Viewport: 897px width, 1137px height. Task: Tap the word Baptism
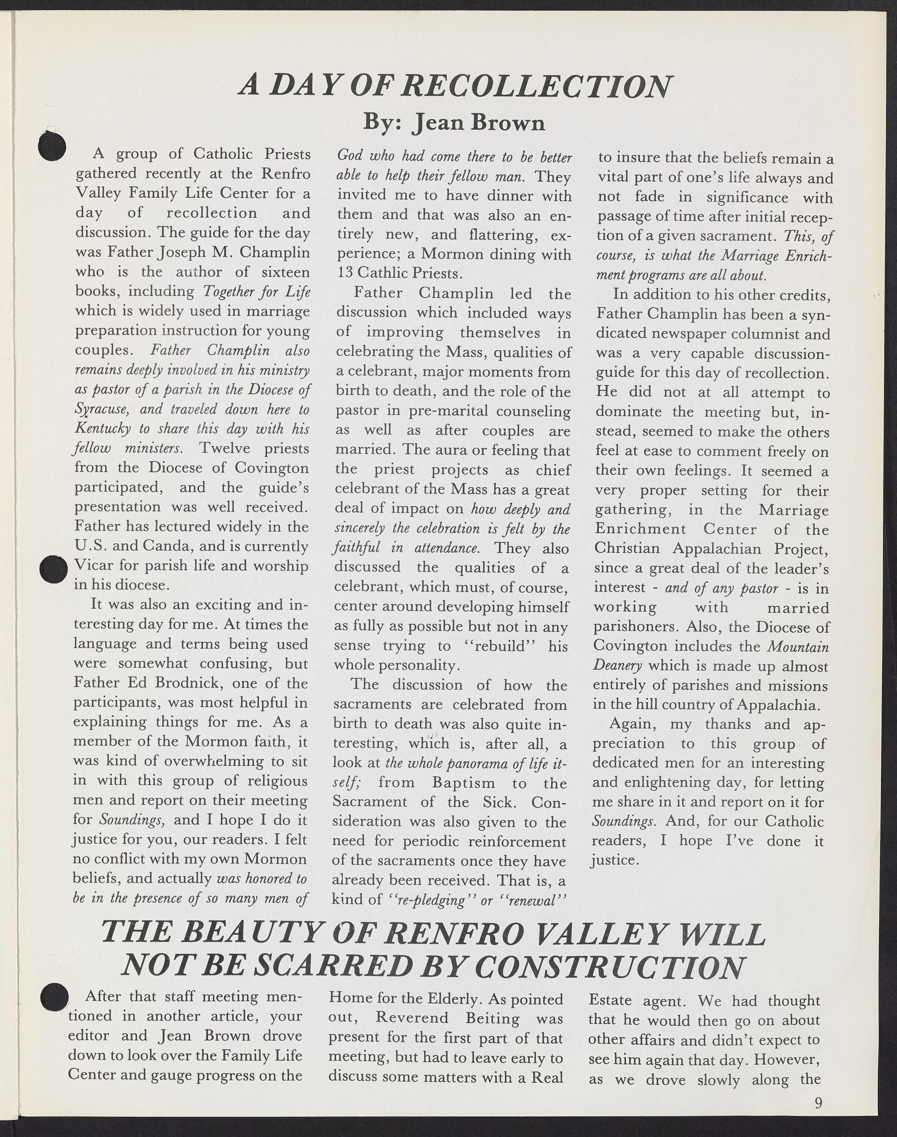[x=464, y=783]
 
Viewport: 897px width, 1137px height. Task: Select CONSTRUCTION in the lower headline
[x=613, y=967]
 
